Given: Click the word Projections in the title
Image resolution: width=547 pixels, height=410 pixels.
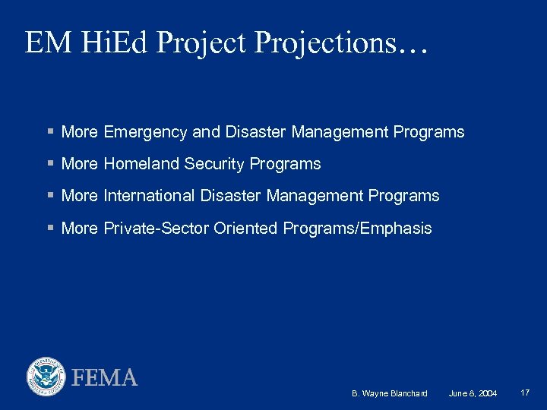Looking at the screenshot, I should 343,43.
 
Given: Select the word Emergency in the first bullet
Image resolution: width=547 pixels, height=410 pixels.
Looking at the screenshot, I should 145,132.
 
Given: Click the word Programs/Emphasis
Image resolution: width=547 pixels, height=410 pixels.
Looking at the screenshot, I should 357,229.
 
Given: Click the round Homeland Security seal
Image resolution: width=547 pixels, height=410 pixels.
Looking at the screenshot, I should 46,377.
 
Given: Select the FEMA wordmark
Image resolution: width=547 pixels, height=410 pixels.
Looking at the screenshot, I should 105,377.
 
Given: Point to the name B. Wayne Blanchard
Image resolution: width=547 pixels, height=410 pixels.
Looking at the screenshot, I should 390,393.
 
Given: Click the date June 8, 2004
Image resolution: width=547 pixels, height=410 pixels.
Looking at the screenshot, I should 473,393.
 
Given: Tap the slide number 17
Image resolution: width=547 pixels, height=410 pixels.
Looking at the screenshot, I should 525,393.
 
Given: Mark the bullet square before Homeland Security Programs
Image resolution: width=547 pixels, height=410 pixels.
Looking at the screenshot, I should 49,164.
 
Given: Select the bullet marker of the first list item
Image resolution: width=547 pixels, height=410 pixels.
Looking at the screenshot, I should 49,132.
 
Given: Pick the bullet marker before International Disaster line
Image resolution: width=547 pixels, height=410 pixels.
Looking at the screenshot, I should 49,196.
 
